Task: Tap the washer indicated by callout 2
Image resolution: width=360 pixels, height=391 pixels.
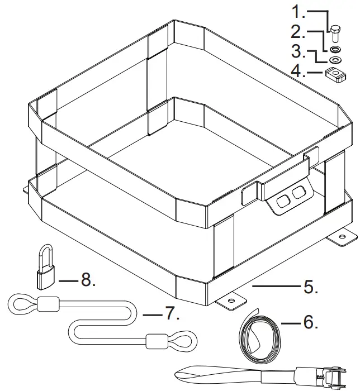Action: tap(335, 47)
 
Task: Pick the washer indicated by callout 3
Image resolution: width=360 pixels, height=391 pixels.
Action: tap(336, 59)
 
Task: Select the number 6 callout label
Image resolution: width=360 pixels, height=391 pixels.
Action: tap(310, 322)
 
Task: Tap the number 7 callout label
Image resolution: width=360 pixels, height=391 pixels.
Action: tap(171, 314)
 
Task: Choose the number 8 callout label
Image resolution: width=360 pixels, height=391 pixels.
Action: tap(88, 279)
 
